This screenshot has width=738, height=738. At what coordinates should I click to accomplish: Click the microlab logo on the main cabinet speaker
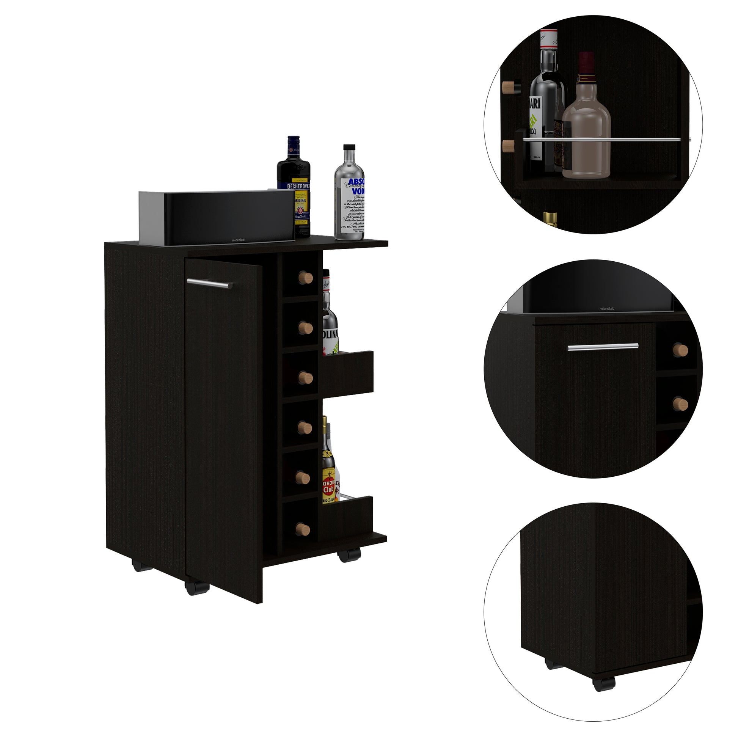[238, 240]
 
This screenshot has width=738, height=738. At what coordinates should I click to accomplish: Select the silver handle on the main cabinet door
[210, 283]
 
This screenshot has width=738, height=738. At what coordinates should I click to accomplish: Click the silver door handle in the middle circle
[603, 347]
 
